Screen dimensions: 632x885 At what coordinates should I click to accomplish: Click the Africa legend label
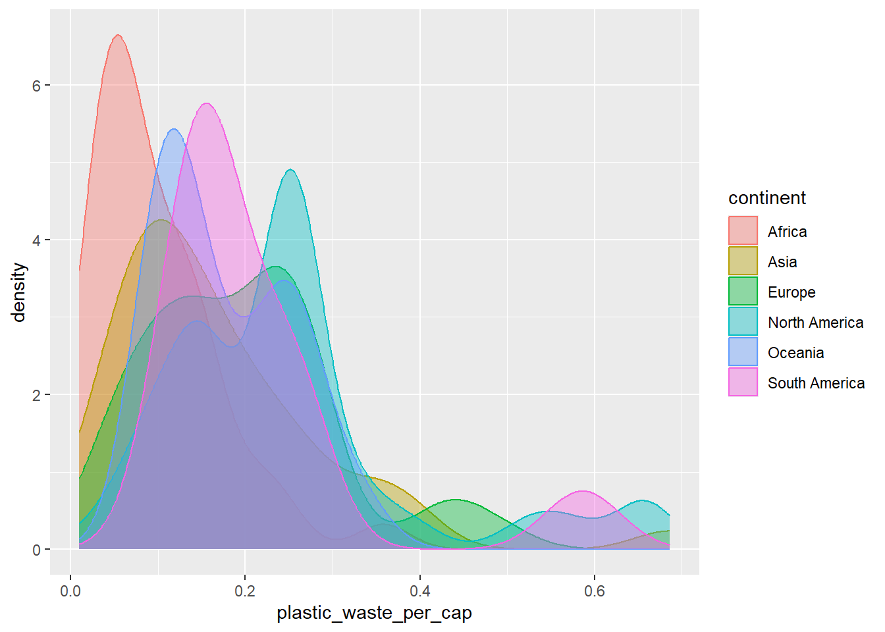[787, 232]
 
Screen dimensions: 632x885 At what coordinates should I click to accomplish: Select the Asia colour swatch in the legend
[743, 261]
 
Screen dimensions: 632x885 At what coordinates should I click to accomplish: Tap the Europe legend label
[791, 292]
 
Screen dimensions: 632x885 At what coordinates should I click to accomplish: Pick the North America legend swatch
[743, 321]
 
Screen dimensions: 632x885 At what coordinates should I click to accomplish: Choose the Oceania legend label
[795, 353]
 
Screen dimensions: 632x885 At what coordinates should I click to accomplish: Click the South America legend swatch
[743, 382]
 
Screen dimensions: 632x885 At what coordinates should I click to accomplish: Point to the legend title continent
[766, 198]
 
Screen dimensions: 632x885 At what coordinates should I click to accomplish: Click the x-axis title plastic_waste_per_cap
[374, 613]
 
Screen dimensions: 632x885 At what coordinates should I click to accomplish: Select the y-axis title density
[18, 292]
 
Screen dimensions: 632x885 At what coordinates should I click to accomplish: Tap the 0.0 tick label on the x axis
[70, 591]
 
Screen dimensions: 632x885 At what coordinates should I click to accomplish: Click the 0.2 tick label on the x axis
[245, 591]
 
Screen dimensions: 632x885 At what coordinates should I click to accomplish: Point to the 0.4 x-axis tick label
[420, 591]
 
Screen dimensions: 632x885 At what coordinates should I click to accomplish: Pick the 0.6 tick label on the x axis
[595, 591]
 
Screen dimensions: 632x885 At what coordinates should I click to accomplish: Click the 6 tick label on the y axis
[36, 86]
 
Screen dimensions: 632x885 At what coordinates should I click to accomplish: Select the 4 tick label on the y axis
[36, 240]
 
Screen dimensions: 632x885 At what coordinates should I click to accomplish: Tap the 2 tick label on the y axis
[36, 395]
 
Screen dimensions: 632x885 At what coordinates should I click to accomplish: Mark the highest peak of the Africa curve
[118, 35]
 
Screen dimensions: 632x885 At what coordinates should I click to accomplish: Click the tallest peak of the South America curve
[207, 103]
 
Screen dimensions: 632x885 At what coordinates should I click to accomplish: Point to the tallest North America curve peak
[290, 170]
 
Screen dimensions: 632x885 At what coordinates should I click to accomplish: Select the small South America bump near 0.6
[583, 491]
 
